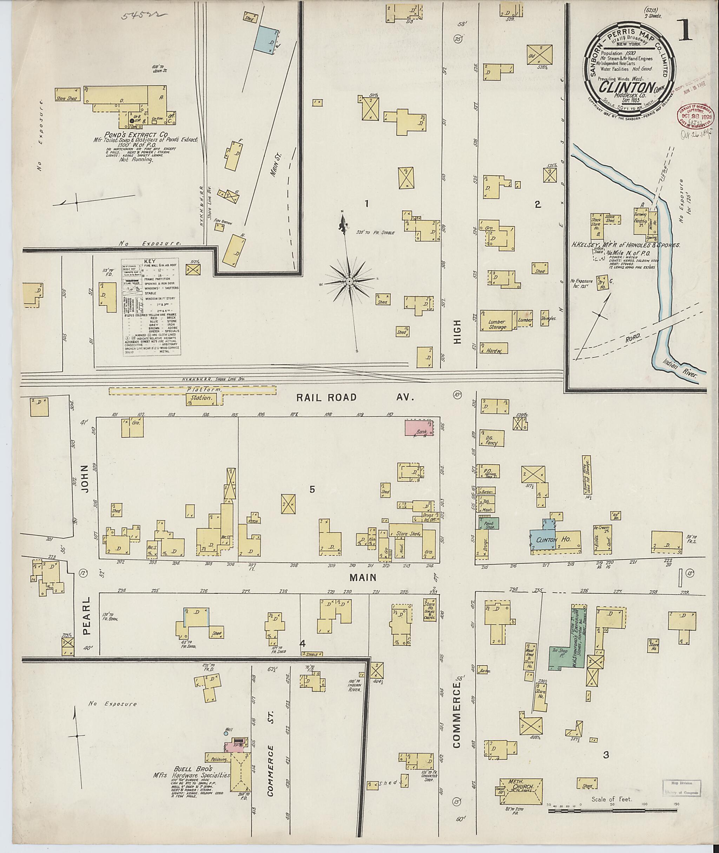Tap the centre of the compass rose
349,281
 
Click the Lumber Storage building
497,324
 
